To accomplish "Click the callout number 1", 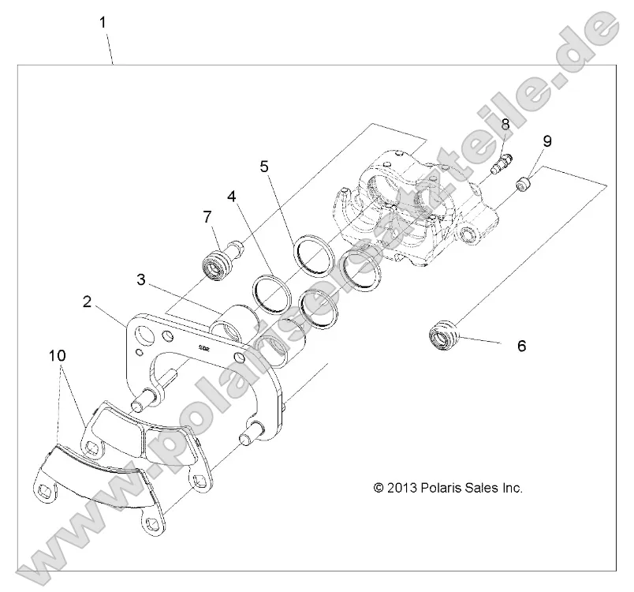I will pos(103,22).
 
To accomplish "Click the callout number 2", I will pos(87,301).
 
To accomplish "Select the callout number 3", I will pos(141,279).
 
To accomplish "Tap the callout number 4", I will pos(231,194).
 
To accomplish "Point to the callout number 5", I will pos(265,166).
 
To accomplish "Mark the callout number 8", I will pos(505,124).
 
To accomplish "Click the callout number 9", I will pos(547,141).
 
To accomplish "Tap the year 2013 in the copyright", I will pos(398,488).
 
